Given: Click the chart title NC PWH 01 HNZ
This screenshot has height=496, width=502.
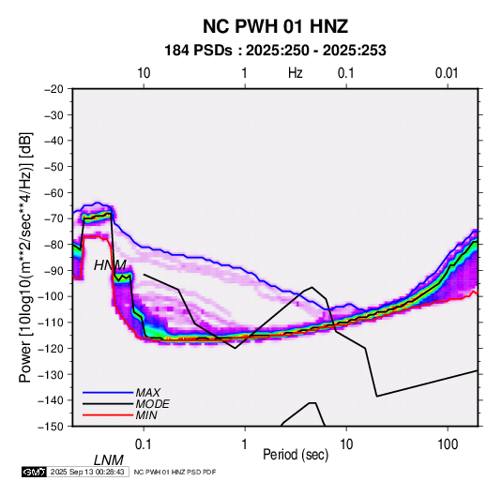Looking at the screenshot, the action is pos(275,26).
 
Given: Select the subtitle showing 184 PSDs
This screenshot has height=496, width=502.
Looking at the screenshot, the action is pos(275,51).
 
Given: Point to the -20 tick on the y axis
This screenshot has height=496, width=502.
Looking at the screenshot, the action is pos(53,89).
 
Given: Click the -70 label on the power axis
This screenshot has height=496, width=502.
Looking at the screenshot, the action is pos(53,218).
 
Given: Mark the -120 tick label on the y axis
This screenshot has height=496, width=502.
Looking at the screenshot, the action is pos(51,348).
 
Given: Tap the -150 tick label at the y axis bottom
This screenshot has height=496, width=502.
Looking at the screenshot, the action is pos(51,427).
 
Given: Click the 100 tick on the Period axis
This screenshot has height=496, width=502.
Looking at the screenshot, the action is pos(448,444).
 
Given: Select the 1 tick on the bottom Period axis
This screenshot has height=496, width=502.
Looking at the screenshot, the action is pos(245,444).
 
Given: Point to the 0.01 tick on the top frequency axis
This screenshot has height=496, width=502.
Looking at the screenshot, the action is pos(447,73).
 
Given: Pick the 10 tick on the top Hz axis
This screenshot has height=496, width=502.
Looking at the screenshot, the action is pos(144,73).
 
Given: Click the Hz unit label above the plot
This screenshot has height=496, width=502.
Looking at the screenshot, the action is pos(296,73).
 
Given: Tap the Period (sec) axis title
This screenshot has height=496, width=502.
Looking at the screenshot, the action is pos(296,455).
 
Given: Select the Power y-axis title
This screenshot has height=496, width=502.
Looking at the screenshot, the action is pos(25,258).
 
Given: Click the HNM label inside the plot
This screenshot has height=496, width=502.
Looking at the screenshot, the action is pos(110,265).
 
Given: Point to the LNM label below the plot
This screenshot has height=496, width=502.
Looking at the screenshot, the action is pos(109,460).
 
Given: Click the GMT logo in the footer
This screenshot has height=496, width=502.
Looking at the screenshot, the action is pos(34,472).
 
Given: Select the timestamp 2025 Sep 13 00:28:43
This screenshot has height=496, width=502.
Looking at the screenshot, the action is pos(87,472).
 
